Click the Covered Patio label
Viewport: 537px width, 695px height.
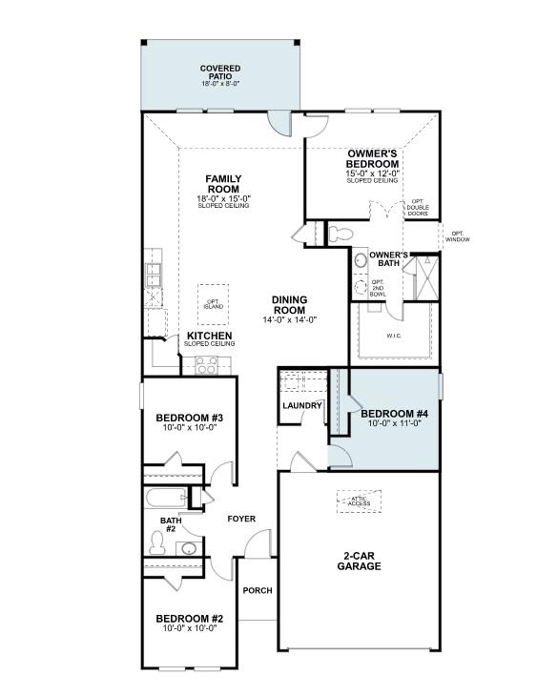pyautogui.click(x=219, y=72)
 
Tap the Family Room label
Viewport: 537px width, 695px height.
pyautogui.click(x=223, y=184)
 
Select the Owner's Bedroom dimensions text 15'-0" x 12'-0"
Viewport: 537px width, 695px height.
pyautogui.click(x=372, y=174)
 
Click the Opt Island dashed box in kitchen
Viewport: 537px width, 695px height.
pyautogui.click(x=213, y=298)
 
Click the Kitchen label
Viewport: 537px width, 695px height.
pyautogui.click(x=210, y=337)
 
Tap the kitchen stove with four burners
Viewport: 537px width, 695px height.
pyautogui.click(x=206, y=363)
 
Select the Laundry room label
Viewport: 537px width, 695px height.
pyautogui.click(x=301, y=405)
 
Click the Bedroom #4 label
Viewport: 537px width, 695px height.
pyautogui.click(x=395, y=414)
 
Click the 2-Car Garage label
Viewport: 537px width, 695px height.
pyautogui.click(x=360, y=561)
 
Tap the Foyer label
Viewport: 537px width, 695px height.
pyautogui.click(x=240, y=520)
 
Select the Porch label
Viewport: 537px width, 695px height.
pyautogui.click(x=258, y=590)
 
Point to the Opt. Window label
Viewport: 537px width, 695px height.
pyautogui.click(x=458, y=235)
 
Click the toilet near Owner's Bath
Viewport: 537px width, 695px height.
pyautogui.click(x=340, y=233)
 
